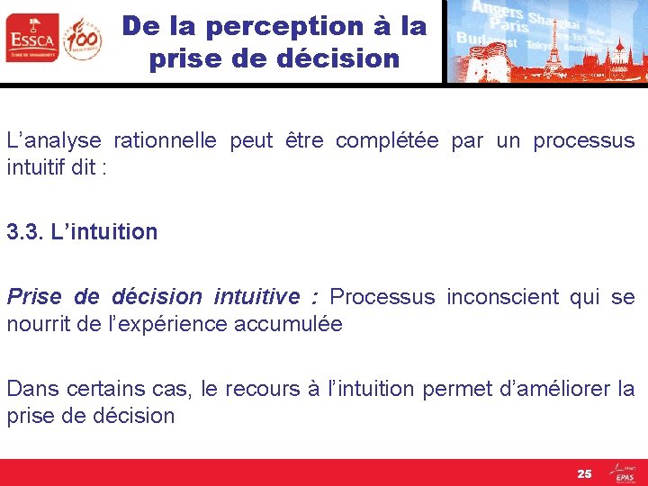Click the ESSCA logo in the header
pyautogui.click(x=31, y=38)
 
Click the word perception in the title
pyautogui.click(x=277, y=27)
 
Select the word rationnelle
pyautogui.click(x=165, y=141)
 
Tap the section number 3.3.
pyautogui.click(x=24, y=232)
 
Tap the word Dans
pyautogui.click(x=30, y=389)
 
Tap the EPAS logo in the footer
pyautogui.click(x=624, y=473)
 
